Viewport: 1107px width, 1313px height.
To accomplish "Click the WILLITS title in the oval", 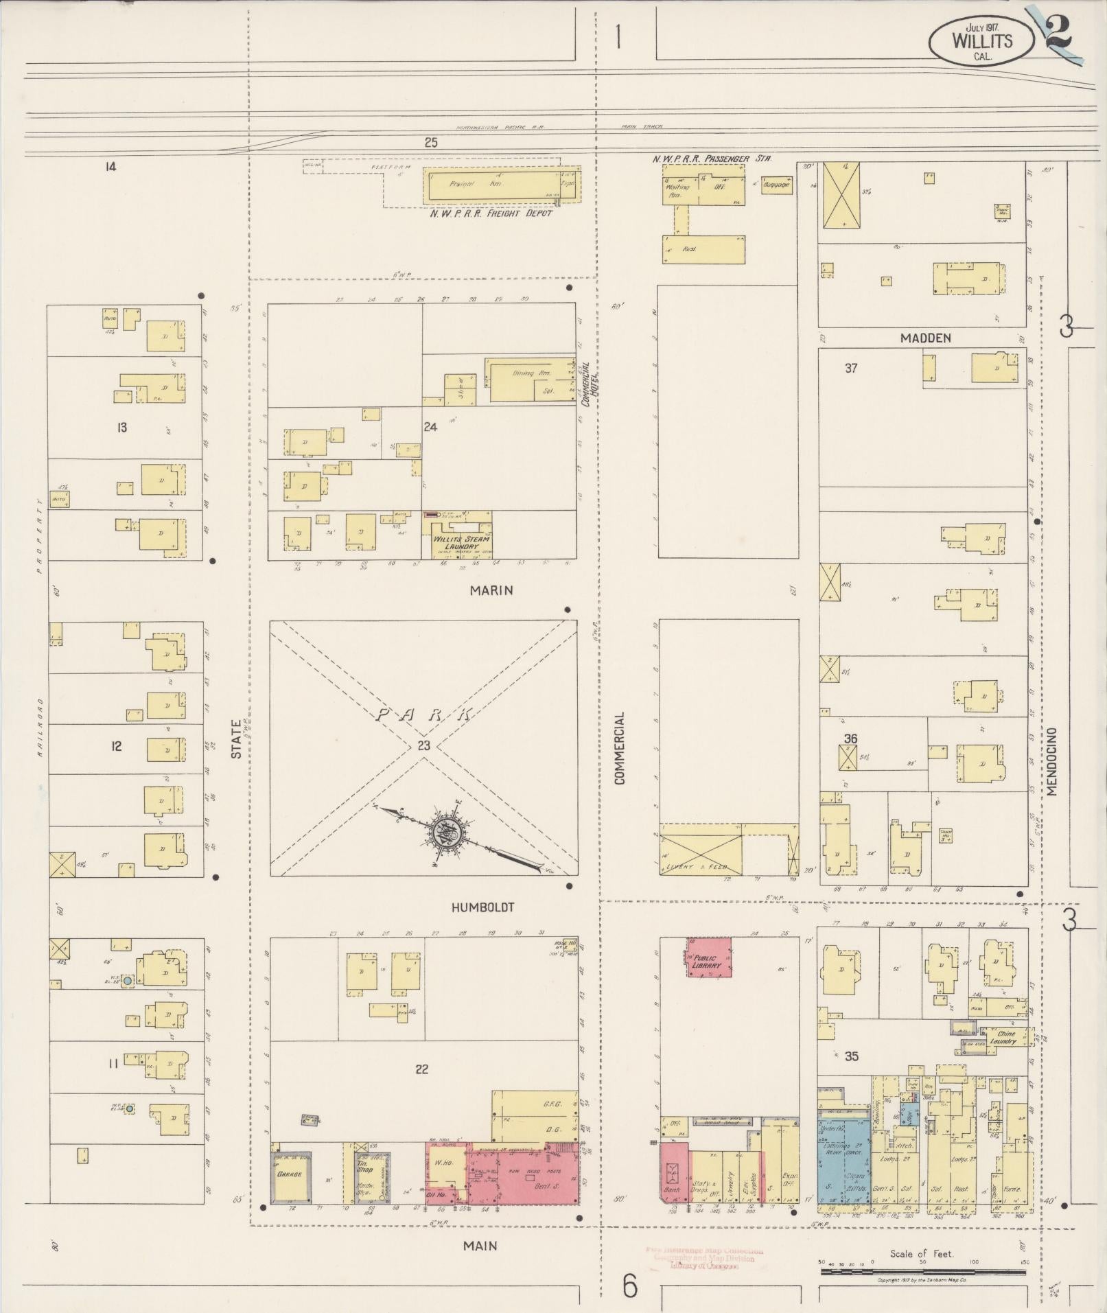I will pos(981,40).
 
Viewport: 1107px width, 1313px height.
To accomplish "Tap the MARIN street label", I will pos(491,590).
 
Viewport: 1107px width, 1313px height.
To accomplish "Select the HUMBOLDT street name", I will pos(482,907).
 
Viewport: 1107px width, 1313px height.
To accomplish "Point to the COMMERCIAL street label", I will pos(620,748).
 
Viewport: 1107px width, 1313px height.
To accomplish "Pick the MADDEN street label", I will pos(926,338).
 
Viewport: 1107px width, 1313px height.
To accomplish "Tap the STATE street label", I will pos(237,739).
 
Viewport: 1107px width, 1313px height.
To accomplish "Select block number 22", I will pos(421,1069).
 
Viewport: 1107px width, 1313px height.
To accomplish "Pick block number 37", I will pos(851,369).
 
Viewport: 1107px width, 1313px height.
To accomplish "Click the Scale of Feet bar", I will pos(922,1272).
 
